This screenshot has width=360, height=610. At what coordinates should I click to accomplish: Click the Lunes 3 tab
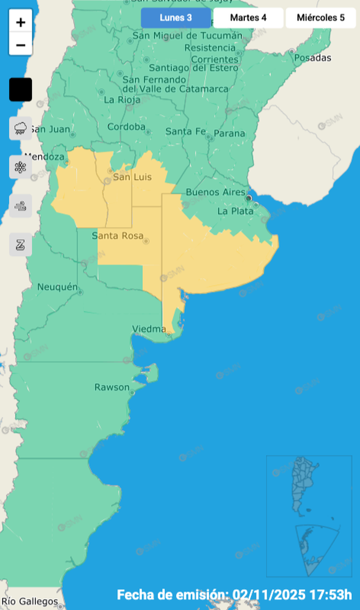[x=176, y=18]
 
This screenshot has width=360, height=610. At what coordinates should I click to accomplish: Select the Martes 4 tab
[x=248, y=18]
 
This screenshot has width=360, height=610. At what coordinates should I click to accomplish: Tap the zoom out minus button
[x=21, y=44]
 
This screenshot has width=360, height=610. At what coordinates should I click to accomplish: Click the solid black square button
[x=21, y=90]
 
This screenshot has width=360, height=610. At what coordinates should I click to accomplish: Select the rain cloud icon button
[x=21, y=128]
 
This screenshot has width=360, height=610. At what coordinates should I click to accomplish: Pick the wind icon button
[x=21, y=206]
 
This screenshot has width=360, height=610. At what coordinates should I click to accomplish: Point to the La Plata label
[x=231, y=211]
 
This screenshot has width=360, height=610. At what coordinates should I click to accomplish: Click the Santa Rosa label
[x=117, y=236]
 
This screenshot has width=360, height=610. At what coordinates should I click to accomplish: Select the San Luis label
[x=132, y=177]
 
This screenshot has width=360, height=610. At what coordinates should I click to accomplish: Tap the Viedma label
[x=149, y=329]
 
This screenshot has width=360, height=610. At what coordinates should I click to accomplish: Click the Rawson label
[x=112, y=387]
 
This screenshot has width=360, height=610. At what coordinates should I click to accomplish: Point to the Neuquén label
[x=58, y=287]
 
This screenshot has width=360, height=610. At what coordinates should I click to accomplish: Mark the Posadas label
[x=313, y=58]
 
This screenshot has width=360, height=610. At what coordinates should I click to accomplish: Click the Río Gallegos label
[x=30, y=602]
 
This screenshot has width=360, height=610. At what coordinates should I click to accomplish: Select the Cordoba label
[x=126, y=127]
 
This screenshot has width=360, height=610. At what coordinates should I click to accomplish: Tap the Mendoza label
[x=44, y=157]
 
